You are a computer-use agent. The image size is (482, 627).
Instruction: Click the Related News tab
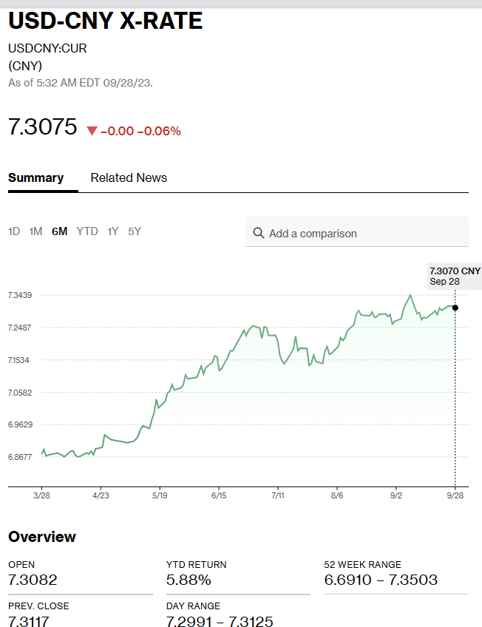click(129, 178)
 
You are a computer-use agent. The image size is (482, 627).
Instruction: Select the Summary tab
click(35, 178)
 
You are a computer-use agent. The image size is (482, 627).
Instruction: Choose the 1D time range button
click(14, 231)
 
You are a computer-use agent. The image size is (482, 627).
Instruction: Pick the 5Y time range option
click(134, 231)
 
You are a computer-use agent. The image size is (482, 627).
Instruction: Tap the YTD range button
click(87, 231)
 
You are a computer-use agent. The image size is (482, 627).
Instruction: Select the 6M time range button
click(59, 231)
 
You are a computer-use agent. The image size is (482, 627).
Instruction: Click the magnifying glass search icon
click(258, 233)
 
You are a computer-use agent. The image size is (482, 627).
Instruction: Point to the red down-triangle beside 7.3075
click(92, 131)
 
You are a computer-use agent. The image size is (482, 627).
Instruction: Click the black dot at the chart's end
click(455, 308)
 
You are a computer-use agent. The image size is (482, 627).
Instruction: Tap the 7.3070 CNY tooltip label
click(455, 271)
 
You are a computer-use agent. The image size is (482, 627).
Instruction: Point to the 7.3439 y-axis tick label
click(20, 295)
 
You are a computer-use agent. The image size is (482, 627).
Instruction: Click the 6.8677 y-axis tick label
click(20, 457)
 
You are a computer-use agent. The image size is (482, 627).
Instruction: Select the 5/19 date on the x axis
click(160, 496)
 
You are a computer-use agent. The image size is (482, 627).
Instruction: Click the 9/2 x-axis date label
click(396, 496)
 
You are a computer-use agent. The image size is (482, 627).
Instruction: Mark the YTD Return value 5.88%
click(189, 580)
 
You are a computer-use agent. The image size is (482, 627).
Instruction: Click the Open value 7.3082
click(33, 580)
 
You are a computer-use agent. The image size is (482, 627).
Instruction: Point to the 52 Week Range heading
click(362, 564)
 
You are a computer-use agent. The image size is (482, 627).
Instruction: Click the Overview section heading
click(42, 537)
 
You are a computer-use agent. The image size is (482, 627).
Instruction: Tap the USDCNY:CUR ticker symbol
click(47, 49)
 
